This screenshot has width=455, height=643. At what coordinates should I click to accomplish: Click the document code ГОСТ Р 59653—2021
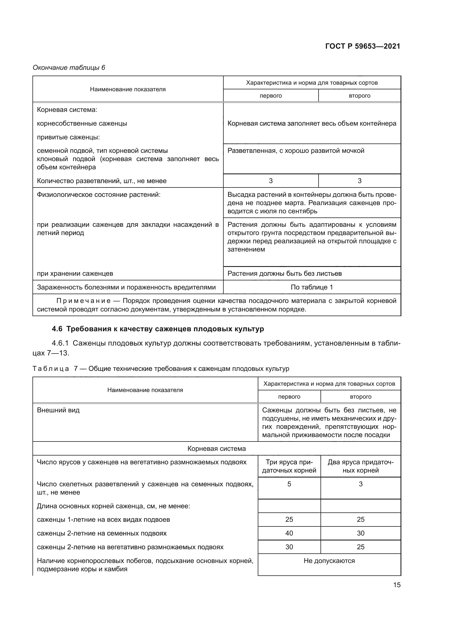pyautogui.click(x=363, y=46)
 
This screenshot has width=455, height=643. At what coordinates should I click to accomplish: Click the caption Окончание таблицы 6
pyautogui.click(x=69, y=68)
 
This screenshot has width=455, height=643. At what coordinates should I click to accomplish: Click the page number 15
pyautogui.click(x=397, y=585)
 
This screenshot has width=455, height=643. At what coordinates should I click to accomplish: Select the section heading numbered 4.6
pyautogui.click(x=158, y=329)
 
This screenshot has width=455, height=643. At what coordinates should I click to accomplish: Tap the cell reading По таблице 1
pyautogui.click(x=312, y=287)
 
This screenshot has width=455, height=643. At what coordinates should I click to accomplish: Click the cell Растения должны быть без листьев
pyautogui.click(x=284, y=273)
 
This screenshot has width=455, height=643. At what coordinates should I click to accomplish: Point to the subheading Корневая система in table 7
pyautogui.click(x=216, y=448)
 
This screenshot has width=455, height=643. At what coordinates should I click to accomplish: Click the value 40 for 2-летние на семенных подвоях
pyautogui.click(x=289, y=533)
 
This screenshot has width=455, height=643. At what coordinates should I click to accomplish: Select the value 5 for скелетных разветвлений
pyautogui.click(x=289, y=484)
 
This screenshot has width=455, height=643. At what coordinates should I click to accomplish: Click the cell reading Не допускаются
pyautogui.click(x=329, y=561)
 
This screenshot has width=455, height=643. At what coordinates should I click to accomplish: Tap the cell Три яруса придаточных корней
pyautogui.click(x=289, y=466)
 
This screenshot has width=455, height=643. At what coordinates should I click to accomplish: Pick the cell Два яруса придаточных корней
pyautogui.click(x=360, y=466)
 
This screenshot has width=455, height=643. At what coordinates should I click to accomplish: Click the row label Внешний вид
pyautogui.click(x=58, y=410)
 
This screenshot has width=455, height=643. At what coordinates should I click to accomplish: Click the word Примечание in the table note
pyautogui.click(x=84, y=301)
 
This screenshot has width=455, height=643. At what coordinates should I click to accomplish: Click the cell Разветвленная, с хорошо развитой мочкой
pyautogui.click(x=295, y=151)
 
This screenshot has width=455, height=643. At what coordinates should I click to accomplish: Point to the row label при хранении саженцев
pyautogui.click(x=75, y=273)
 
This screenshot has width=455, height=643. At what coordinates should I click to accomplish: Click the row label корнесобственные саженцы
pyautogui.click(x=82, y=123)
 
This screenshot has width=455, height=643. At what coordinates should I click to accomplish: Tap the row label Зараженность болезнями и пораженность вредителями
pyautogui.click(x=126, y=287)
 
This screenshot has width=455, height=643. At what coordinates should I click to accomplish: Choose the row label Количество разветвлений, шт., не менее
pyautogui.click(x=102, y=181)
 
